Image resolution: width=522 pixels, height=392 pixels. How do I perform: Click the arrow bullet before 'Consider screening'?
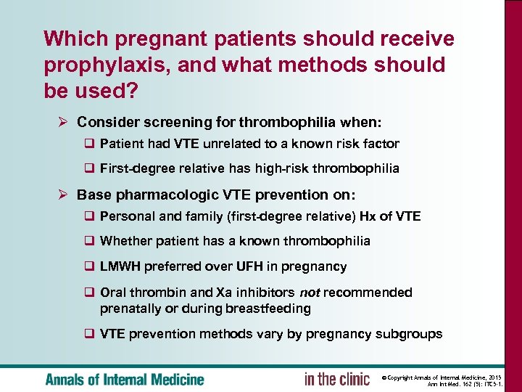click(63, 122)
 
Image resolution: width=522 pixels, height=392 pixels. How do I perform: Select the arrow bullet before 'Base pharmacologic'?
click(63, 195)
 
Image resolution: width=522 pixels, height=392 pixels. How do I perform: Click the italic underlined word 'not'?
click(310, 292)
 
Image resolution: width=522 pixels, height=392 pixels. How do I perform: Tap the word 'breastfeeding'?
click(270, 309)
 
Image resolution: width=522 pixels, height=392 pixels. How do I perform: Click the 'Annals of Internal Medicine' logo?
click(125, 379)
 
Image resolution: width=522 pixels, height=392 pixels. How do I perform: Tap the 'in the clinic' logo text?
click(336, 379)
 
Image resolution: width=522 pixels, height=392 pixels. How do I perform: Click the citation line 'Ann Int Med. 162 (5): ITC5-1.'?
click(471, 385)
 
